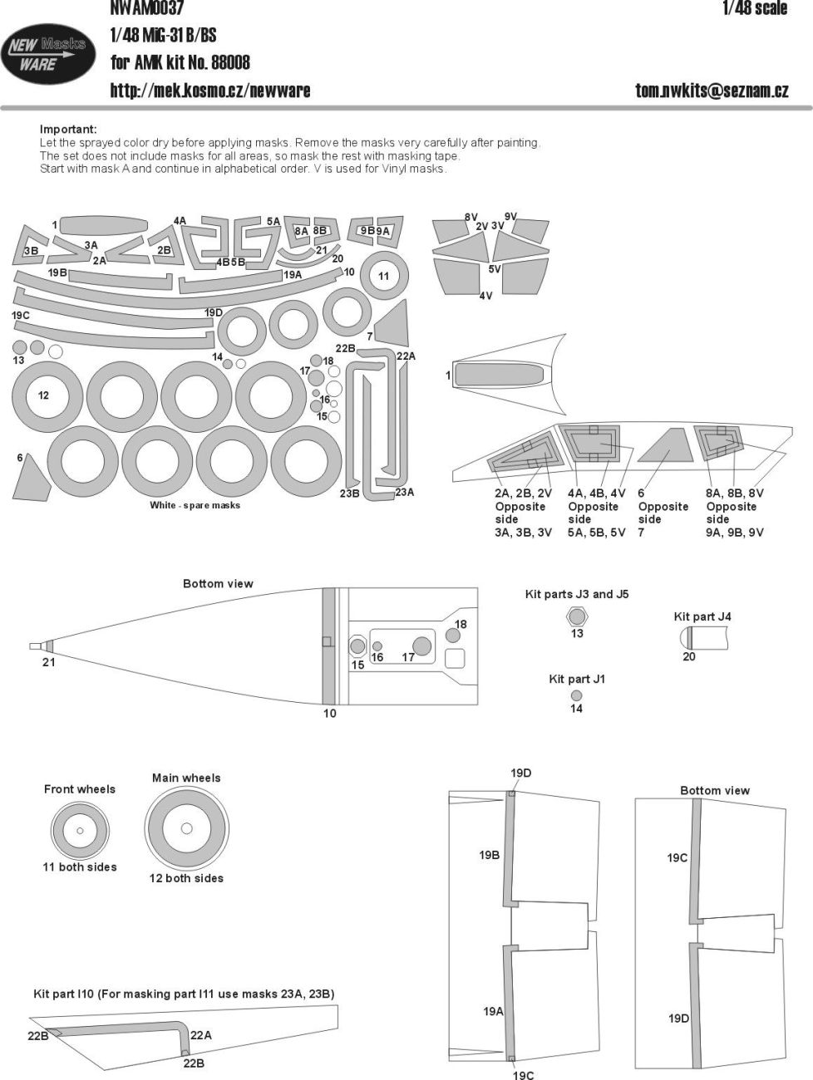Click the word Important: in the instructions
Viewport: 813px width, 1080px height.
[x=68, y=129]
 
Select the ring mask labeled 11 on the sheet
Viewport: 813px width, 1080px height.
[x=383, y=276]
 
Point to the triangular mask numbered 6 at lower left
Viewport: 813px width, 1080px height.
[x=33, y=480]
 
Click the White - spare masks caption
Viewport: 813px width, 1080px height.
[x=195, y=505]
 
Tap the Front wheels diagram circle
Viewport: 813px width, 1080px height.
[x=80, y=830]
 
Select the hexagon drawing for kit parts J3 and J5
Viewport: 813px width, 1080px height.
[x=577, y=616]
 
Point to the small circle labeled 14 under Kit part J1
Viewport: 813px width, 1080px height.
[x=577, y=695]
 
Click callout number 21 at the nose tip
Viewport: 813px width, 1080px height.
[x=49, y=662]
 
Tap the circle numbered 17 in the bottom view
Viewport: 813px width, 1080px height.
[x=421, y=646]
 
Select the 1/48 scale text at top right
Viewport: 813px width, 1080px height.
[x=754, y=9]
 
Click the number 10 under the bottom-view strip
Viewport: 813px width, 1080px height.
[x=330, y=713]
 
